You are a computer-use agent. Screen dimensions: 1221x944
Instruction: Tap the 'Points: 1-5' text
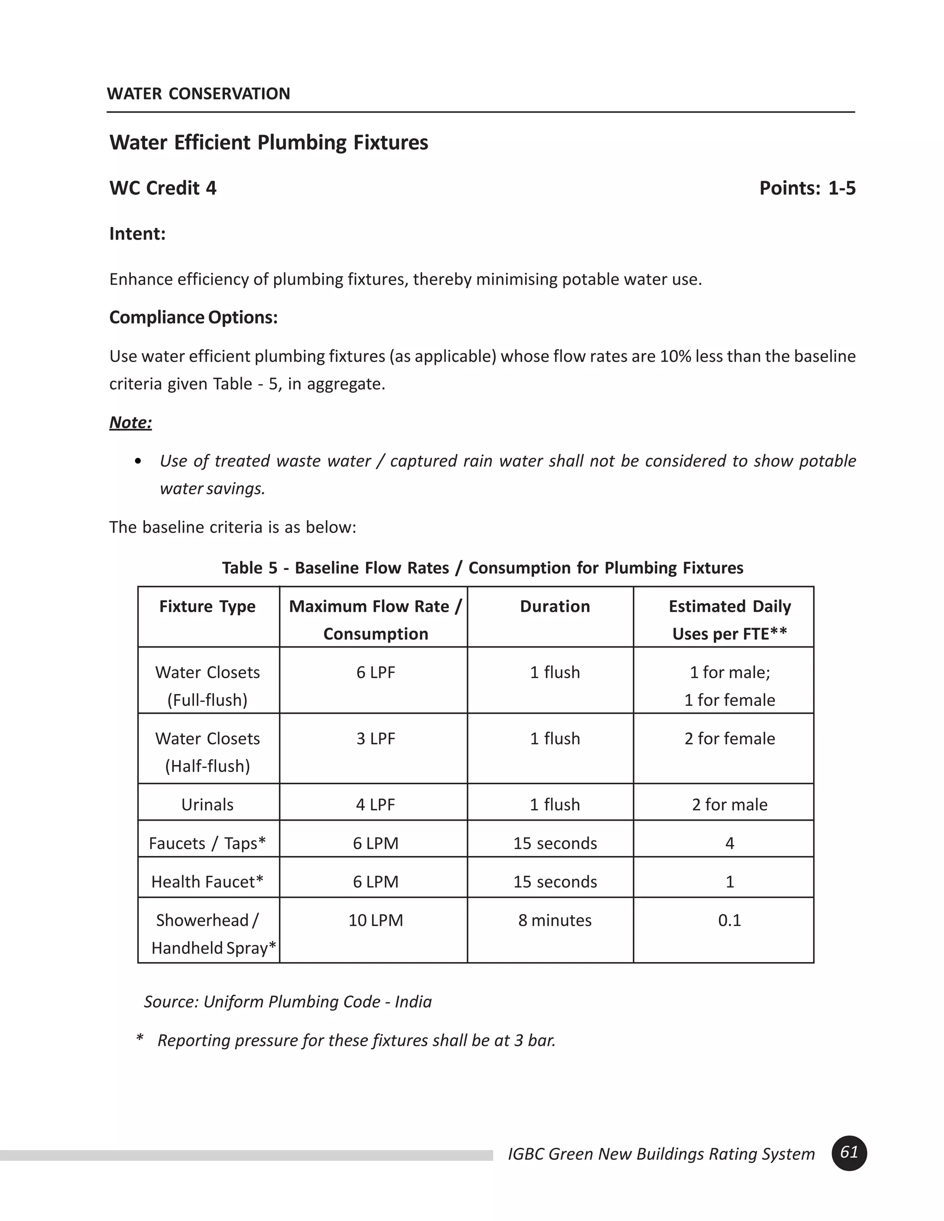pyautogui.click(x=807, y=188)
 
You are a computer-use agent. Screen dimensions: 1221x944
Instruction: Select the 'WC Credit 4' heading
pyautogui.click(x=163, y=188)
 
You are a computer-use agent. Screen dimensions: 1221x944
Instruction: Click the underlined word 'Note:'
pyautogui.click(x=130, y=422)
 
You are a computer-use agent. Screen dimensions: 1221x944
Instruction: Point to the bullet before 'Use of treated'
pyautogui.click(x=138, y=461)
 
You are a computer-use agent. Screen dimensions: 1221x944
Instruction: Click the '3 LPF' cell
pyautogui.click(x=375, y=739)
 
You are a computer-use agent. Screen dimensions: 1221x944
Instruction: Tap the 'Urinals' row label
pyautogui.click(x=207, y=804)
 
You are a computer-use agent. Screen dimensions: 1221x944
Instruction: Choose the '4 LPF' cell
pyautogui.click(x=375, y=804)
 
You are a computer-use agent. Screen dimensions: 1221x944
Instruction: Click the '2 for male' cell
pyautogui.click(x=729, y=804)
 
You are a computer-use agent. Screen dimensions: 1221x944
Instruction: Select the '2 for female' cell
pyautogui.click(x=729, y=739)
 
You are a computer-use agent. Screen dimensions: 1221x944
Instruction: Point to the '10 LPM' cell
pyautogui.click(x=375, y=920)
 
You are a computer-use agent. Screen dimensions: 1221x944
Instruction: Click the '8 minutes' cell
pyautogui.click(x=555, y=920)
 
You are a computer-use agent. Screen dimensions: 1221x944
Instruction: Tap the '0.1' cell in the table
pyautogui.click(x=729, y=920)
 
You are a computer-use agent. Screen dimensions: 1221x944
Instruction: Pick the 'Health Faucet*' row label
pyautogui.click(x=207, y=881)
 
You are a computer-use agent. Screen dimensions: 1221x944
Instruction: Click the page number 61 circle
pyautogui.click(x=849, y=1153)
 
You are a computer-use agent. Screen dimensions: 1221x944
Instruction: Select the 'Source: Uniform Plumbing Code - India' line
pyautogui.click(x=288, y=1001)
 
